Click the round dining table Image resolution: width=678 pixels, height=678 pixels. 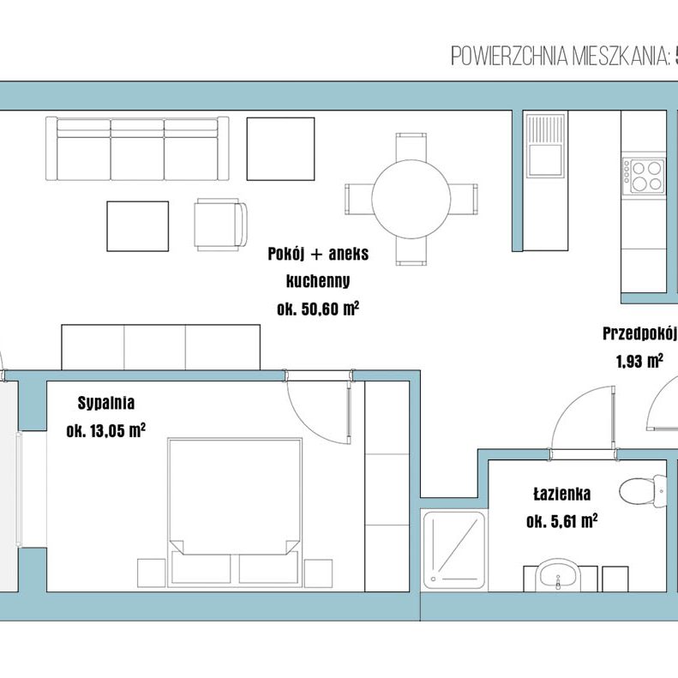tap(411, 199)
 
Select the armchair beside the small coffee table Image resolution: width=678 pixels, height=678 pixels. tap(220, 225)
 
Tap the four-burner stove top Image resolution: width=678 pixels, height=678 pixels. tap(644, 176)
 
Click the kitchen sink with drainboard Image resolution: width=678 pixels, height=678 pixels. tap(546, 146)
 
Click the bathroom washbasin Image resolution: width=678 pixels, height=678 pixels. tap(558, 575)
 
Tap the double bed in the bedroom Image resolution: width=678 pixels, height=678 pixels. tap(235, 512)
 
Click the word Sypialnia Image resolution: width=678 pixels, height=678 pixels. tap(106, 403)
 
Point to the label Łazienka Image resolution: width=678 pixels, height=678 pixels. tap(561, 494)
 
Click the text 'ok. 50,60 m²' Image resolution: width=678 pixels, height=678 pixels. tap(318, 309)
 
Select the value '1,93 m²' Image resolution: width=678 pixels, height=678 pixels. tap(639, 361)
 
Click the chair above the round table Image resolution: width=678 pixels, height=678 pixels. tap(411, 147)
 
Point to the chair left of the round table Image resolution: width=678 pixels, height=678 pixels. tap(359, 200)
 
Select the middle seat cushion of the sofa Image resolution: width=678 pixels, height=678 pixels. tap(137, 150)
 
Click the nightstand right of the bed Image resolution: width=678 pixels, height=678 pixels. tap(318, 573)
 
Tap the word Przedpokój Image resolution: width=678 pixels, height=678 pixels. tap(639, 333)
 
